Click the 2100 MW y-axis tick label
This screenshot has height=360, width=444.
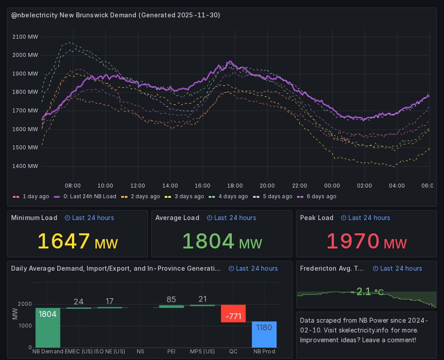(x=26, y=37)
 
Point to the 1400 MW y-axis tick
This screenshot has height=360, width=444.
(x=26, y=166)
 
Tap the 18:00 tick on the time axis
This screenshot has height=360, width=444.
(x=235, y=185)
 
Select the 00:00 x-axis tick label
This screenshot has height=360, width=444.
(x=332, y=185)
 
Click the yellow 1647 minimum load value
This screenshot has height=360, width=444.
(x=64, y=241)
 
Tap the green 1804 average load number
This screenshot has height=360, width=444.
(x=208, y=241)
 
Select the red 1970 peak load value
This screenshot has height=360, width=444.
(x=353, y=241)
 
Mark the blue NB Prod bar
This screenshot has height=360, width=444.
(x=264, y=334)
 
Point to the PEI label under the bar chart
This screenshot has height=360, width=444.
(x=171, y=352)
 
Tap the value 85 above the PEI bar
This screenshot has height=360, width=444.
(x=171, y=300)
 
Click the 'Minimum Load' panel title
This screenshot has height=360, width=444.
(x=34, y=218)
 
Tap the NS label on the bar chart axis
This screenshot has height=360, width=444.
(x=140, y=352)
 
